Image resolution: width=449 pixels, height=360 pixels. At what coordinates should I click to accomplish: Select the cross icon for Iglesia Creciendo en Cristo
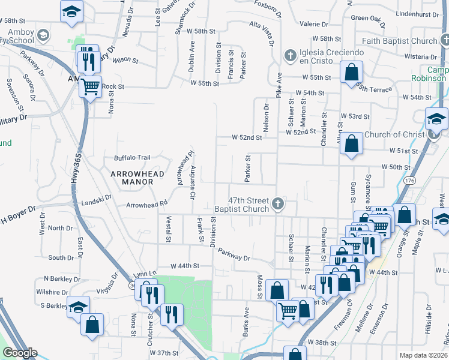tap(289, 55)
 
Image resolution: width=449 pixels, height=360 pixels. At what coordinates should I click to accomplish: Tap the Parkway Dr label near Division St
tap(234, 254)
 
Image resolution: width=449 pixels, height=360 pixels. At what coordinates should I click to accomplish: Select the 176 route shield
tap(410, 180)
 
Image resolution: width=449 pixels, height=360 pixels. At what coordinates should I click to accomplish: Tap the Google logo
tap(20, 353)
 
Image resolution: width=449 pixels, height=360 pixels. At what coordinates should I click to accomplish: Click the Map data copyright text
tap(424, 355)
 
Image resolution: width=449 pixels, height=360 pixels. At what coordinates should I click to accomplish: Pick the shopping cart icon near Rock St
tap(90, 87)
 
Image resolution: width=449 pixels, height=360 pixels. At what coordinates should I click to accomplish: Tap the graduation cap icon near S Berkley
tap(77, 307)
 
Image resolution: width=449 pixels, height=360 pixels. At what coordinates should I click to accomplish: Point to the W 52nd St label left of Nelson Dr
tap(248, 137)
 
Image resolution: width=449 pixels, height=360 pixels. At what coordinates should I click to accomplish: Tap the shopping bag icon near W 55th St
tap(351, 73)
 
